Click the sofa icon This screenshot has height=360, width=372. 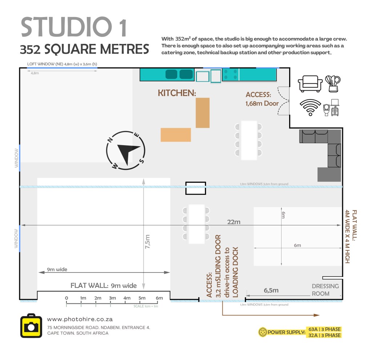(x=310, y=84)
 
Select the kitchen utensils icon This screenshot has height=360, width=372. (x=333, y=84)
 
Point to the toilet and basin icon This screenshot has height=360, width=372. (x=331, y=107)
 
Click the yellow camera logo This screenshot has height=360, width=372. (x=31, y=326)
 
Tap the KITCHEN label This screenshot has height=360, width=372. (x=177, y=93)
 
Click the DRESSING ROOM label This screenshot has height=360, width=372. (x=325, y=290)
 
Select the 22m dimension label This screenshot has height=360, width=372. (x=234, y=222)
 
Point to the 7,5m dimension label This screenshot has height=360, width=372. (x=147, y=241)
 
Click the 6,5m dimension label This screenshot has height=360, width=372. (x=271, y=290)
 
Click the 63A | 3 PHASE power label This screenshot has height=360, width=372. (x=324, y=329)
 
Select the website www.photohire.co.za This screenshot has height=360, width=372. (x=80, y=319)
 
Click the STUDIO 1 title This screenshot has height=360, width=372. (x=74, y=27)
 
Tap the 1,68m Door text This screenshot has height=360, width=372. (x=262, y=103)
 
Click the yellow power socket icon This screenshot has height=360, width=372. (x=262, y=332)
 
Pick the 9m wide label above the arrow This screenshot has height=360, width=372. (x=57, y=269)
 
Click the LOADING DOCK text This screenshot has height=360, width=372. (x=235, y=272)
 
